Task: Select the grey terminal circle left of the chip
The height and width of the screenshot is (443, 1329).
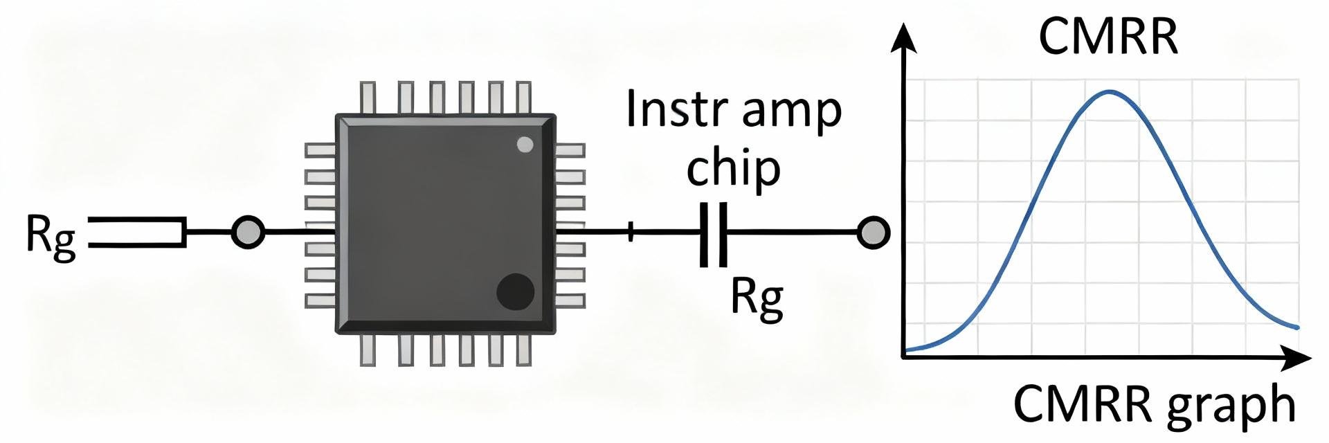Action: pyautogui.click(x=247, y=232)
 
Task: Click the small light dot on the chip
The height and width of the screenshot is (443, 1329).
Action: pyautogui.click(x=525, y=145)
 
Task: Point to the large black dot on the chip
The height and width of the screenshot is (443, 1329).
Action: pyautogui.click(x=515, y=291)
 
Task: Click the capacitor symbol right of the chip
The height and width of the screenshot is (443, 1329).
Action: pyautogui.click(x=714, y=234)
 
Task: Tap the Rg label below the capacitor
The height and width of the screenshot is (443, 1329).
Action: pyautogui.click(x=757, y=299)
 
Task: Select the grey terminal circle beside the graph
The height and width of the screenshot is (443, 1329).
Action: pyautogui.click(x=873, y=233)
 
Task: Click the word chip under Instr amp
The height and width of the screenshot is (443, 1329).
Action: pyautogui.click(x=733, y=170)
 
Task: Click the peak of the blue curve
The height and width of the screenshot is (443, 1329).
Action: pyautogui.click(x=1110, y=91)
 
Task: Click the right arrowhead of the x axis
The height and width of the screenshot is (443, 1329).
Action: pyautogui.click(x=1298, y=359)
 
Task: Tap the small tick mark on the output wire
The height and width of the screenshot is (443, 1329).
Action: pyautogui.click(x=631, y=233)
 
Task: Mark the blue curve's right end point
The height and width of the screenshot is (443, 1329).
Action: pyautogui.click(x=1297, y=327)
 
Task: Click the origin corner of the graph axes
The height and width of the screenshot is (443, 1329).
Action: pyautogui.click(x=903, y=356)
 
